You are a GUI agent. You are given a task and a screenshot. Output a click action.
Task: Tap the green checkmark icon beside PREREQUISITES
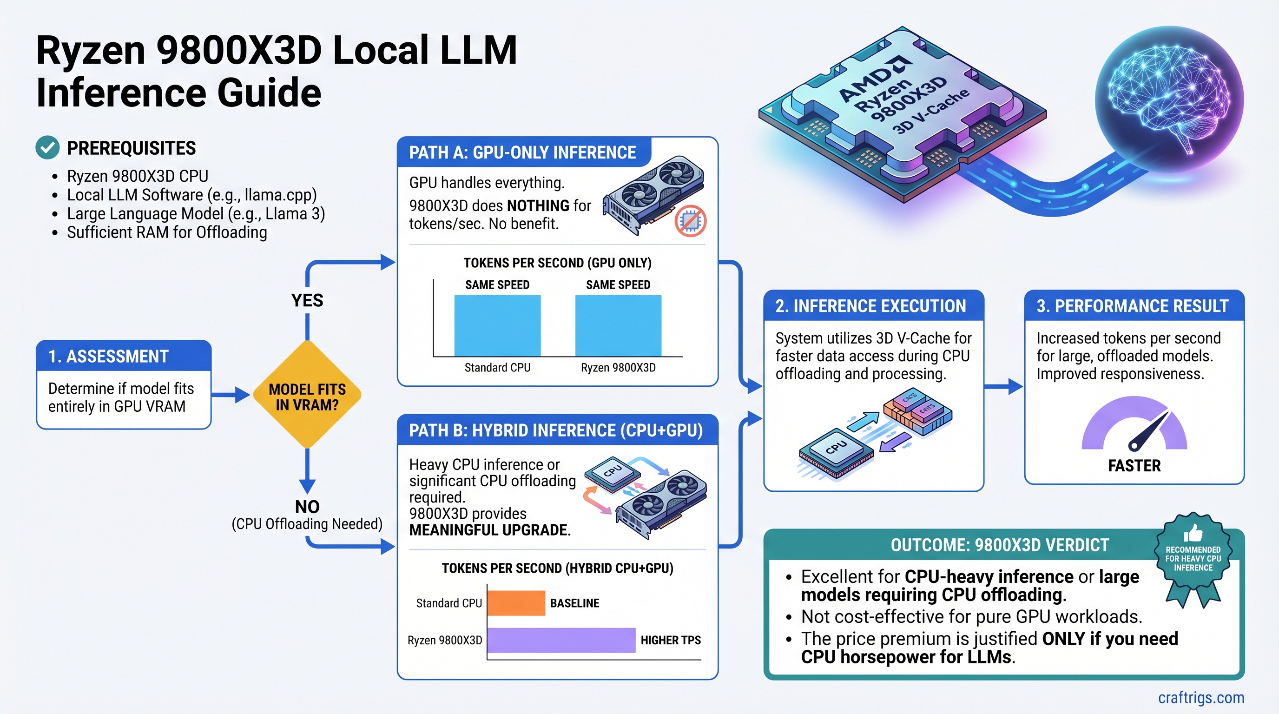point(48,147)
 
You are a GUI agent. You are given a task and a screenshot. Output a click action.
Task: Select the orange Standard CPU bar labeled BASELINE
point(516,603)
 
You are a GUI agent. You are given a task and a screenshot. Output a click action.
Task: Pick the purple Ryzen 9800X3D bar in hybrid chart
point(561,640)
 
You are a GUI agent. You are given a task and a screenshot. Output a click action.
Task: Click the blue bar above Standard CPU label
point(497,325)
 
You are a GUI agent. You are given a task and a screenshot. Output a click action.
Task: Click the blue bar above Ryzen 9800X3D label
point(618,325)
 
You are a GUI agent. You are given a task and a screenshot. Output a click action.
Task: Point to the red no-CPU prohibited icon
point(690,220)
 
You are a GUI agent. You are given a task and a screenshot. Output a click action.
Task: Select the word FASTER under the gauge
point(1134,466)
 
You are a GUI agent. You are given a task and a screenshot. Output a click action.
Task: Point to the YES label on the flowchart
point(307,300)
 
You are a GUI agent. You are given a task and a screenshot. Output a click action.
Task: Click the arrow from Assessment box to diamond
point(231,395)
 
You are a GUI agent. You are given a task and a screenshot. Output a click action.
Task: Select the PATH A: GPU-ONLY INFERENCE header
point(522,152)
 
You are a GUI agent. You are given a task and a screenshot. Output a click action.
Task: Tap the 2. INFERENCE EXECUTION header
point(871,306)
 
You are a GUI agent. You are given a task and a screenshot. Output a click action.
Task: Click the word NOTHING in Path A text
point(538,205)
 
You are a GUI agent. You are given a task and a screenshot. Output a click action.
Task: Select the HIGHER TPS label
point(670,640)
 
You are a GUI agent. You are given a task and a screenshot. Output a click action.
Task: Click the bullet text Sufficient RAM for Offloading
point(167,232)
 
